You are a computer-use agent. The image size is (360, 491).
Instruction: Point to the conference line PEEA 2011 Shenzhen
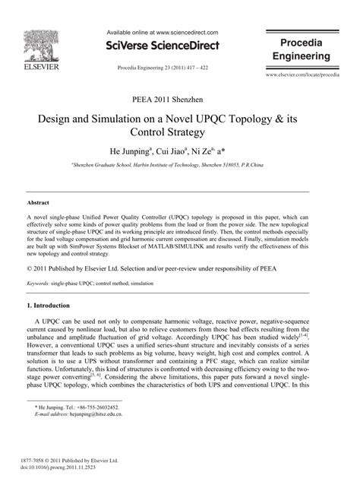coord(179,100)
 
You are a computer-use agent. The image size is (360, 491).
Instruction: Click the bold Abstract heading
coord(38,204)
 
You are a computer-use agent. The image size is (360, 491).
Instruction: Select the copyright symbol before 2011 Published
coord(30,268)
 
